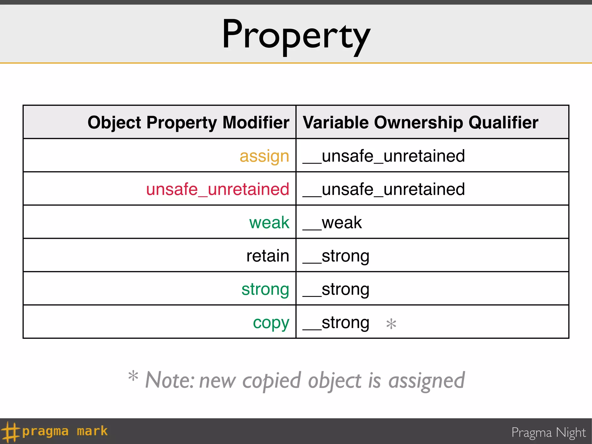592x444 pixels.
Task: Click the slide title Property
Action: click(296, 35)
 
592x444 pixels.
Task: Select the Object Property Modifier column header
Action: click(188, 123)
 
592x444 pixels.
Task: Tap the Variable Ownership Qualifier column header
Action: click(420, 123)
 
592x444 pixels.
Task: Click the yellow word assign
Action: click(264, 156)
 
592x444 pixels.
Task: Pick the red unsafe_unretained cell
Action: click(217, 189)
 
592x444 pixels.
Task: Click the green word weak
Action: click(269, 223)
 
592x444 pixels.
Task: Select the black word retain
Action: click(268, 256)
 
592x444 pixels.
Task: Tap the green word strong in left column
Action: click(265, 289)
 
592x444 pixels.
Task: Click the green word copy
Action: click(271, 323)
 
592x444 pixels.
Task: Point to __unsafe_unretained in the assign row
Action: click(384, 156)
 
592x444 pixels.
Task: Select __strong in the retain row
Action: click(336, 256)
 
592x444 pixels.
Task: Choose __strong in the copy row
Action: click(336, 323)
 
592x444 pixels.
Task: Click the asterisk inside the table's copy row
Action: click(391, 324)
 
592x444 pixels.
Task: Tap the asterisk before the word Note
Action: click(133, 376)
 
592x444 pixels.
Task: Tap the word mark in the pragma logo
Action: click(92, 431)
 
